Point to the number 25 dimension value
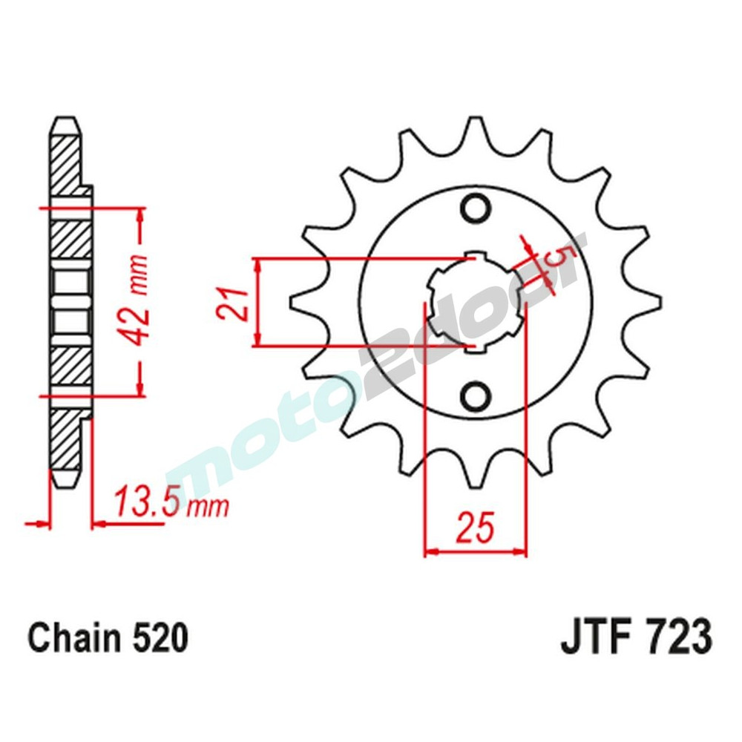[x=475, y=528]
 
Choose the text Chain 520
[x=108, y=639]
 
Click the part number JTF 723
[x=636, y=639]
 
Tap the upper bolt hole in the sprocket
[x=475, y=207]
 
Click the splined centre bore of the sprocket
[x=475, y=302]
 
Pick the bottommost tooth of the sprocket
[x=475, y=479]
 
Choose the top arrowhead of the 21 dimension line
[x=257, y=266]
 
